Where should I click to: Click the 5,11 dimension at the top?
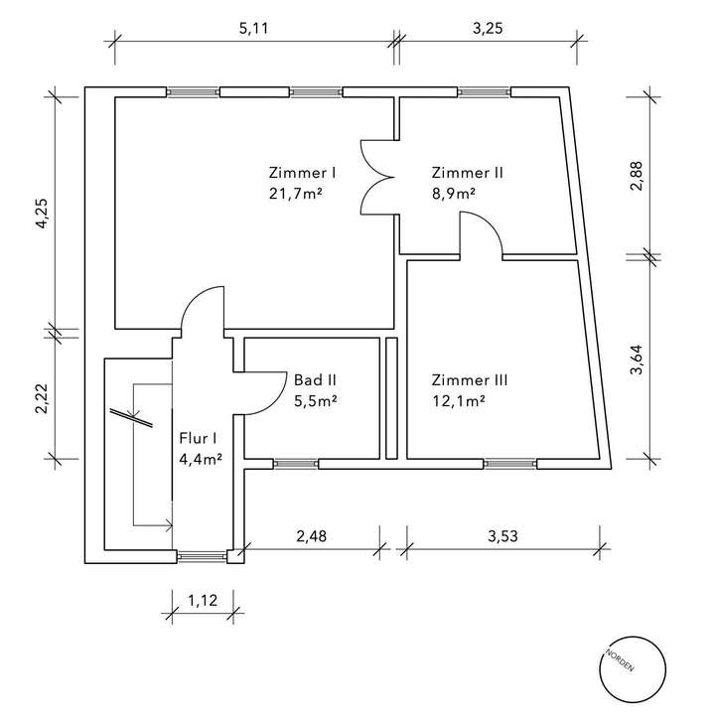pyautogui.click(x=253, y=29)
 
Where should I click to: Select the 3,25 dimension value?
pyautogui.click(x=488, y=29)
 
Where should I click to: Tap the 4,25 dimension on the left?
pyautogui.click(x=42, y=214)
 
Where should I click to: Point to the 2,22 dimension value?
pyautogui.click(x=42, y=399)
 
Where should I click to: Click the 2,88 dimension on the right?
pyautogui.click(x=637, y=177)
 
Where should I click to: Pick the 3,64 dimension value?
pyautogui.click(x=637, y=361)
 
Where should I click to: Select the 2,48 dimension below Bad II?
pyautogui.click(x=311, y=536)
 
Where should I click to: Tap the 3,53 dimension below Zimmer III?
pyautogui.click(x=502, y=536)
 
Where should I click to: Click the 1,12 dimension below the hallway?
pyautogui.click(x=203, y=601)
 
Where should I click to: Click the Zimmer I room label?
pyautogui.click(x=302, y=173)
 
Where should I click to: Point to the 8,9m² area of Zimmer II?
pyautogui.click(x=454, y=194)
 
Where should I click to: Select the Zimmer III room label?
pyautogui.click(x=470, y=380)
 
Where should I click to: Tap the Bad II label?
pyautogui.click(x=315, y=380)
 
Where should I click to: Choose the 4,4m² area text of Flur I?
pyautogui.click(x=202, y=460)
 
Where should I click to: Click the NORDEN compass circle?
pyautogui.click(x=633, y=669)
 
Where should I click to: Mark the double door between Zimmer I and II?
pyautogui.click(x=377, y=178)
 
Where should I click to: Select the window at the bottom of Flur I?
pyautogui.click(x=203, y=556)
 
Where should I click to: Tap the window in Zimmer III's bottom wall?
pyautogui.click(x=510, y=464)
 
